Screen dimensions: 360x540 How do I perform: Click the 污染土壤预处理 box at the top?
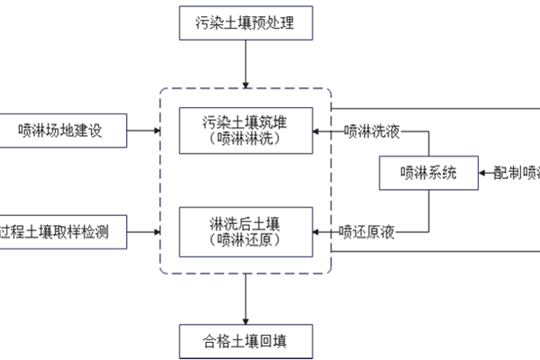coord(246,22)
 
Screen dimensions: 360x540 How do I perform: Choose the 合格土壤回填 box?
coord(246,342)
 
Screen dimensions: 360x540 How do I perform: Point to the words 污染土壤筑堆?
coord(245,121)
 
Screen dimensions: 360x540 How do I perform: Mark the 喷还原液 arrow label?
coord(367,233)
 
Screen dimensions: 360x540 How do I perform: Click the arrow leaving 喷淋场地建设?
coord(144,131)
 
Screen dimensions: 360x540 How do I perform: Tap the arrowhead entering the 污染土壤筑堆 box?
coord(316,131)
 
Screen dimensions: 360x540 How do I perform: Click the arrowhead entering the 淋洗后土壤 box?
coord(316,233)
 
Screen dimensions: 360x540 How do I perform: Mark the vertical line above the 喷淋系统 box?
coord(427,144)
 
